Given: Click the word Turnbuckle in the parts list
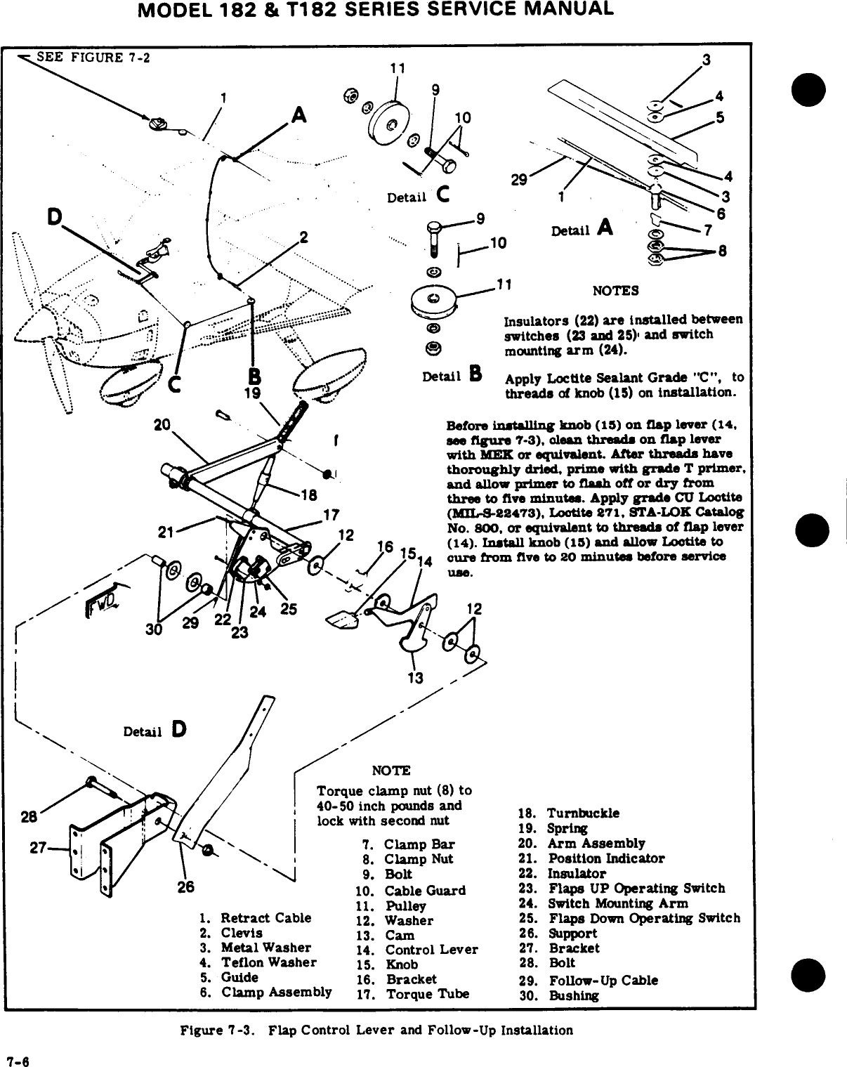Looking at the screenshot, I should [583, 813].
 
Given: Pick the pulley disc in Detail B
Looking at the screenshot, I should [434, 299].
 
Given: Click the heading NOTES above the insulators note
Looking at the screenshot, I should [615, 291].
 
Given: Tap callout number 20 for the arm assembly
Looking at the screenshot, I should [163, 424].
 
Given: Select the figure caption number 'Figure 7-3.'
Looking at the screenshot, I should [209, 1030].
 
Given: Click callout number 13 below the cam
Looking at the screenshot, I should [416, 678].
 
